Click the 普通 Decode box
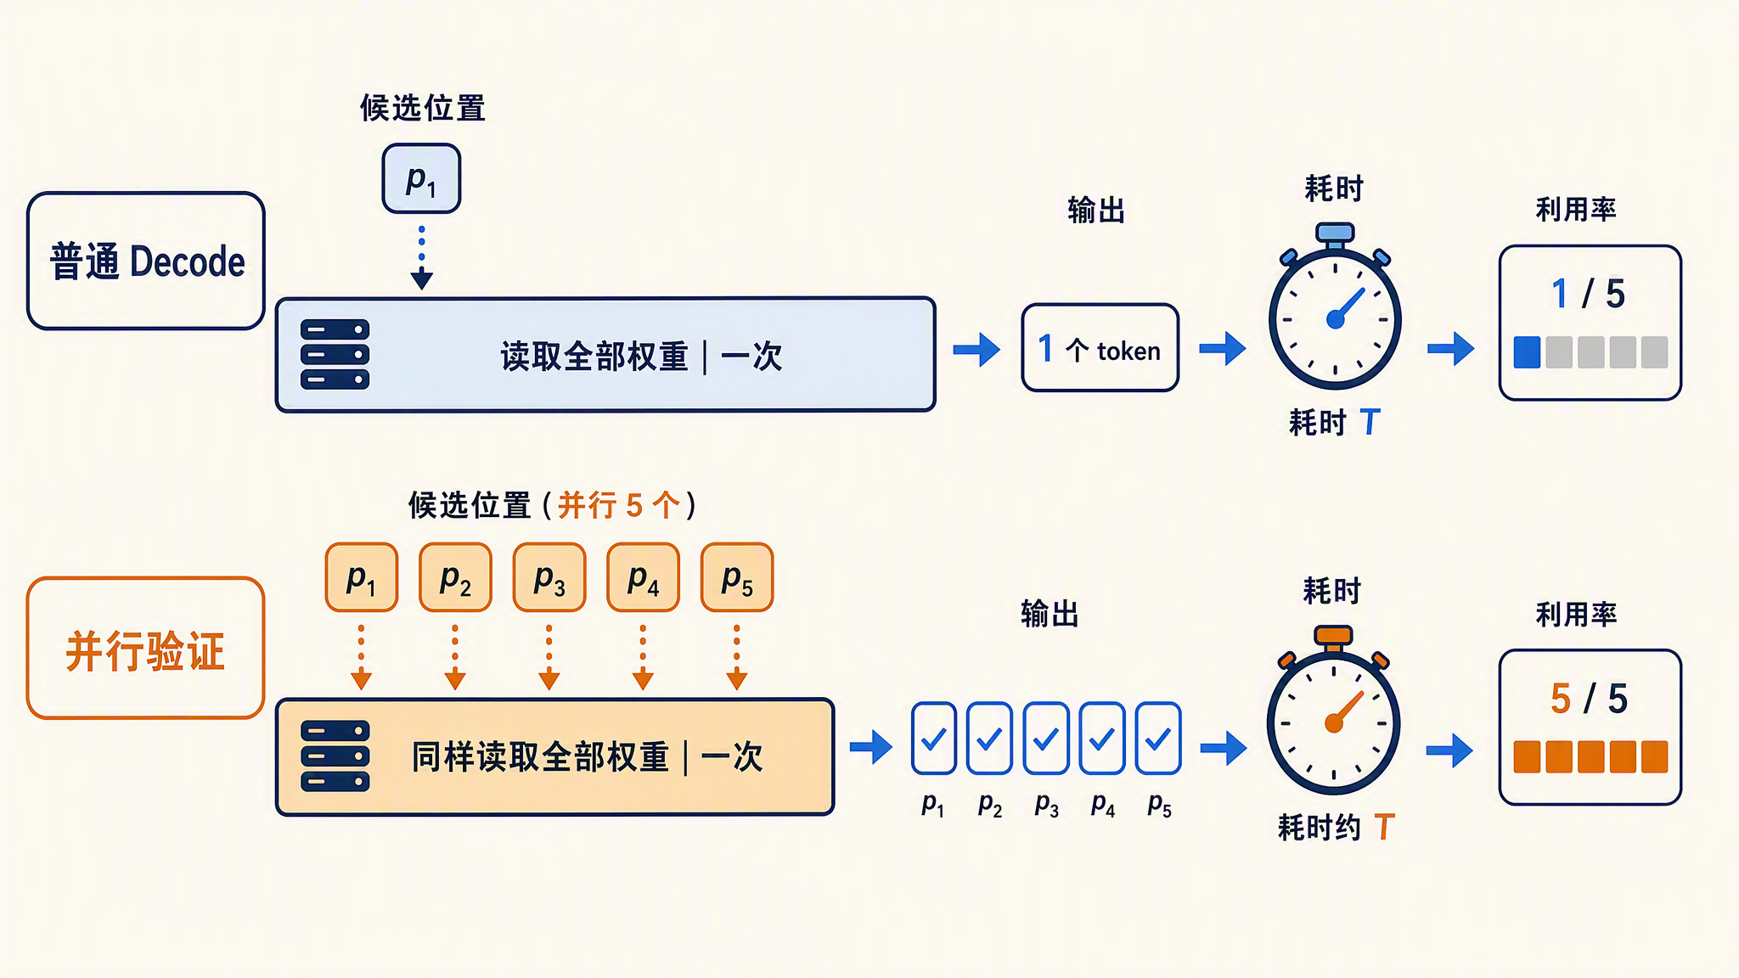(x=146, y=261)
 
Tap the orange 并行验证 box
(x=146, y=648)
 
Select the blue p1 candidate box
(x=421, y=178)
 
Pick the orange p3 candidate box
(x=549, y=577)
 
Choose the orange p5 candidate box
(x=737, y=577)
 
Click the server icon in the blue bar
(x=335, y=354)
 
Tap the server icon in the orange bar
(x=335, y=756)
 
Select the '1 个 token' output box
(x=1100, y=348)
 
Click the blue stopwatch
(x=1335, y=306)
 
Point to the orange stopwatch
(x=1333, y=711)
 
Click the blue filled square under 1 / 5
(x=1527, y=352)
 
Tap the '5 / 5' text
(x=1589, y=699)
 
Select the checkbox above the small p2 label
(x=989, y=739)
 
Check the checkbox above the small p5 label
(x=1158, y=739)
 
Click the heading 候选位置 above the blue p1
(x=422, y=108)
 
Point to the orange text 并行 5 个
(x=619, y=505)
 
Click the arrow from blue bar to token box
(x=977, y=349)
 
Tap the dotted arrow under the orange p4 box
(x=643, y=657)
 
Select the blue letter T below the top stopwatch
(x=1370, y=421)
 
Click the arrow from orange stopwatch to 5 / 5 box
(x=1450, y=750)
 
